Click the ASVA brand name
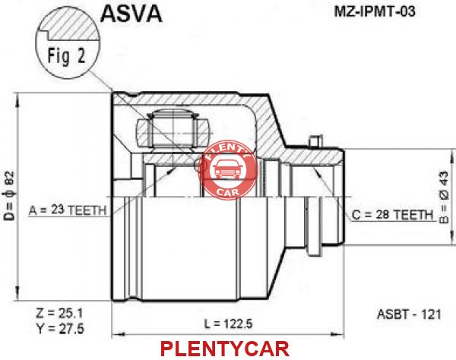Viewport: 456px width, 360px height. pos(131,14)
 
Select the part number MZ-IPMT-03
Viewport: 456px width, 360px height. pos(375,11)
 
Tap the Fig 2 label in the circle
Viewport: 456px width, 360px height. pos(66,55)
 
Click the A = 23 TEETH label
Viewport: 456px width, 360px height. pos(68,210)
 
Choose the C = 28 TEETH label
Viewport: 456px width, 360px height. pos(392,215)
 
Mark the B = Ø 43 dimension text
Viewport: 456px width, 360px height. pos(444,197)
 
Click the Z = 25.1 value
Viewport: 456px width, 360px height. pos(59,313)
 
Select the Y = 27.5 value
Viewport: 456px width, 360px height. pos(60,329)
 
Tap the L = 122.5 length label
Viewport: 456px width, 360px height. pos(228,324)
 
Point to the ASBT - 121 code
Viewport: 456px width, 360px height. pos(409,314)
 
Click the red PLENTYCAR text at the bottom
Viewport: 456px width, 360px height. pos(225,349)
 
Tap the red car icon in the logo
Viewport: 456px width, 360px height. pos(227,169)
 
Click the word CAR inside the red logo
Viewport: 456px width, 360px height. pos(228,191)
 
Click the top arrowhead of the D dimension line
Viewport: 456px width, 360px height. pos(18,100)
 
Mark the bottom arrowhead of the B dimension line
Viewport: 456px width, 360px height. pos(451,238)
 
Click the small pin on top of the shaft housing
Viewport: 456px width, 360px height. pos(316,141)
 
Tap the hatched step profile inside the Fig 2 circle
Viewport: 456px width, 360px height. pos(70,26)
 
